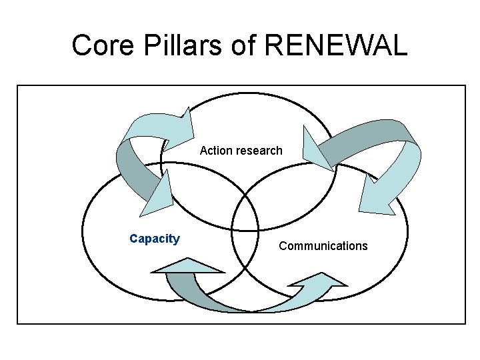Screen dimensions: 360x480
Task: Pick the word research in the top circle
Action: (x=259, y=151)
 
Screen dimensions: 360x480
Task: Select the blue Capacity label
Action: (x=155, y=239)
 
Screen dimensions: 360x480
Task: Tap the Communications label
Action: (x=323, y=246)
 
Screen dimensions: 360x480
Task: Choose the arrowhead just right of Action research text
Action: (x=316, y=152)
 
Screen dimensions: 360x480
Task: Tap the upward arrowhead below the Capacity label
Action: (x=188, y=265)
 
